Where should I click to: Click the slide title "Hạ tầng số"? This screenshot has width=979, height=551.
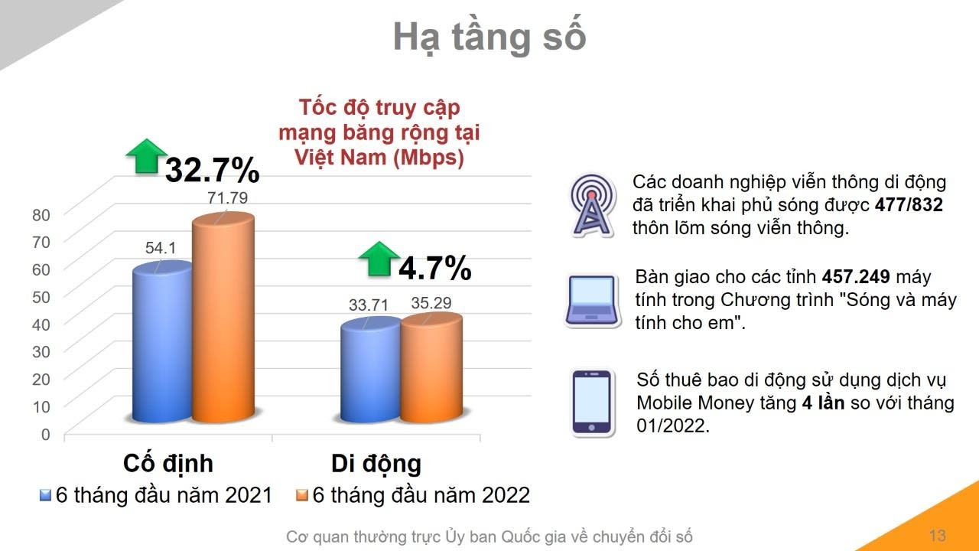489,37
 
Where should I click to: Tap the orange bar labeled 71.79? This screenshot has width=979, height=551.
223,318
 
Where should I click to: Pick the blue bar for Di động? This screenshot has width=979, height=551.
371,370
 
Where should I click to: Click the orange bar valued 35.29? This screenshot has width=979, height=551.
431,368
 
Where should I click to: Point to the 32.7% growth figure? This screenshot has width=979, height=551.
213,170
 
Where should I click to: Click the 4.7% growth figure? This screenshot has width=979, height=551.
435,268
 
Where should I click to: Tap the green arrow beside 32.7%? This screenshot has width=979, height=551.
146,156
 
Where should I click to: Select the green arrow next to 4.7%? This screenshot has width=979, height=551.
379,259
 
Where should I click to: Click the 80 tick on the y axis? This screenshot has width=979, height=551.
41,215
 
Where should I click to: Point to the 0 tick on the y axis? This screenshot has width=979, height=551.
45,434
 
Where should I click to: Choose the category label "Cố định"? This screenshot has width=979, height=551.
168,464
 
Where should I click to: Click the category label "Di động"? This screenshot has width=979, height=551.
376,464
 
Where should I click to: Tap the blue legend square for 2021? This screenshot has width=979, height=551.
45,495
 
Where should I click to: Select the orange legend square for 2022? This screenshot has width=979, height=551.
302,495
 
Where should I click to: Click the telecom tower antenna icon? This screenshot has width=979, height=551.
592,206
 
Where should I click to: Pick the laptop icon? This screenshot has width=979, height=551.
593,302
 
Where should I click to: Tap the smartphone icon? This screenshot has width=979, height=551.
592,403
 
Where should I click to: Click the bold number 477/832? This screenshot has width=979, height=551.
909,205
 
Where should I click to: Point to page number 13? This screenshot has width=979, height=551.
938,536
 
